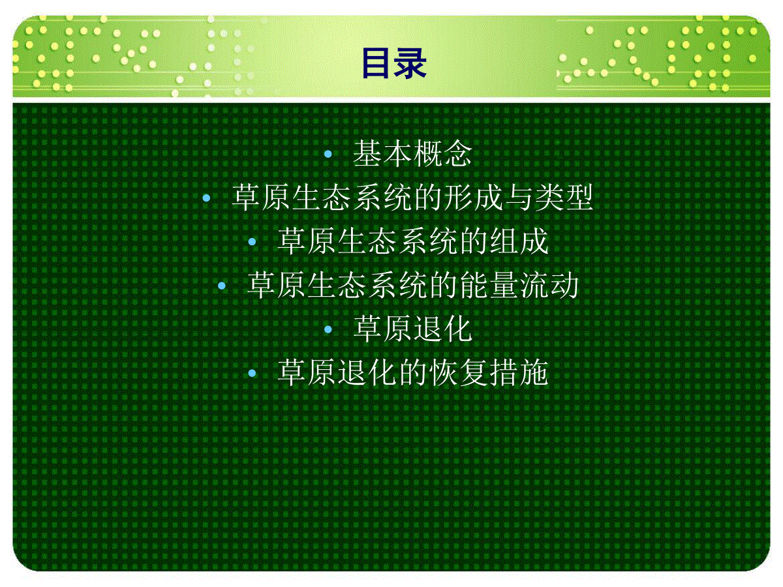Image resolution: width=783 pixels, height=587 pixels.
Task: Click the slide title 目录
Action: click(394, 63)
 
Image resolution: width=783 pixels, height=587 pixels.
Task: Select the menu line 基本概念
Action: click(412, 154)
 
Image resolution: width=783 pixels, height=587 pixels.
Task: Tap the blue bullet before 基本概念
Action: click(328, 154)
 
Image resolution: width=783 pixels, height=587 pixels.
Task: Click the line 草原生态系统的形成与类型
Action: click(412, 198)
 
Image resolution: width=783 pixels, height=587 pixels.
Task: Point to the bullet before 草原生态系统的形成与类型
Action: click(206, 198)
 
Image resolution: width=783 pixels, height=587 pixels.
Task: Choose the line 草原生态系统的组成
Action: click(413, 241)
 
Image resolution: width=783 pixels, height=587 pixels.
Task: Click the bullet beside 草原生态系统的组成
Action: click(253, 241)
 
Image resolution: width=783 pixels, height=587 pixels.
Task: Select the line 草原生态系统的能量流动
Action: click(412, 285)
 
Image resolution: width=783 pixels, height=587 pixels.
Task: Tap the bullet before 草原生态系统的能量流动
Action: click(222, 286)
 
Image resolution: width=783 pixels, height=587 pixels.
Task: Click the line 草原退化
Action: click(412, 329)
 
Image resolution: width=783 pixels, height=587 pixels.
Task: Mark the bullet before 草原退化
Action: click(328, 329)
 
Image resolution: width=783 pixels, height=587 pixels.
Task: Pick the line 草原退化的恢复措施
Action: click(413, 373)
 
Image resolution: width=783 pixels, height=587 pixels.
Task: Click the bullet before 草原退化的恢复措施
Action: click(253, 373)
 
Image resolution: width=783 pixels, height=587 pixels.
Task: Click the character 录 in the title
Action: click(410, 63)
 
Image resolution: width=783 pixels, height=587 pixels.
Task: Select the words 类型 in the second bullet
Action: click(564, 198)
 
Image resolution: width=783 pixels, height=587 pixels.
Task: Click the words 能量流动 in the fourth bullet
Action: click(519, 285)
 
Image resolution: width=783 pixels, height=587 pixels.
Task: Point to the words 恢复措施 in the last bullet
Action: click(489, 373)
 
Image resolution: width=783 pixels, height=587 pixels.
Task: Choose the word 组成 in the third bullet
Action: click(519, 241)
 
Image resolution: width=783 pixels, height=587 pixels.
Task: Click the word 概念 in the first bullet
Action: click(442, 154)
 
